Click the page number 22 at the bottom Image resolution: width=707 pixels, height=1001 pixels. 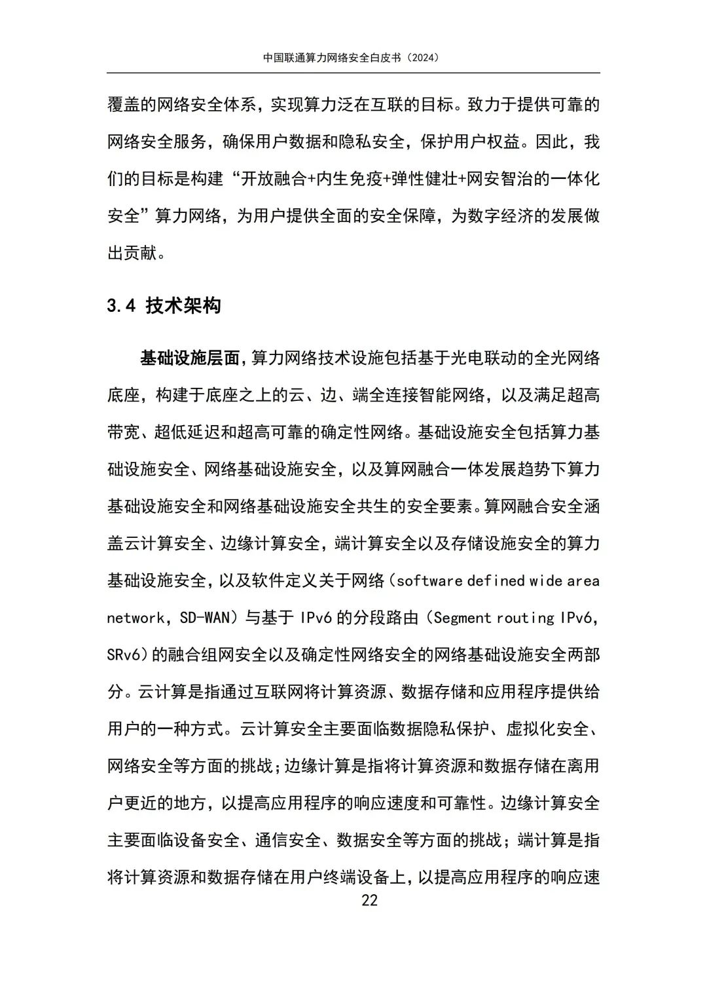369,900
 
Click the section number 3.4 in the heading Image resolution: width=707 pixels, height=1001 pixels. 121,305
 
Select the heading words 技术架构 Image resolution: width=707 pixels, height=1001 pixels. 183,305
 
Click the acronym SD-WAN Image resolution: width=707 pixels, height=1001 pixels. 205,618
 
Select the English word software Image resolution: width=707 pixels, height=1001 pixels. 429,580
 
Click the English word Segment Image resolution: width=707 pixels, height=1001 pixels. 462,618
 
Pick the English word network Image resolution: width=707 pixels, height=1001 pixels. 136,618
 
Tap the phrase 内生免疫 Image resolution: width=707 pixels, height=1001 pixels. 349,179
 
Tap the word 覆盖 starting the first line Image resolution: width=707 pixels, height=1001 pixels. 124,105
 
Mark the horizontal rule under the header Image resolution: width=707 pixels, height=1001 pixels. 353,73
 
